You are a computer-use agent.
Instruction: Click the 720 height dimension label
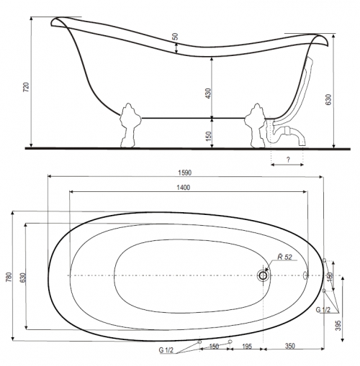pos(26,87)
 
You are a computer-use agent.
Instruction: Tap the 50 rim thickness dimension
pos(176,37)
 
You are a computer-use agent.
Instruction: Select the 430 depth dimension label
pos(209,93)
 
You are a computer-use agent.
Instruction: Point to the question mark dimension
pos(288,160)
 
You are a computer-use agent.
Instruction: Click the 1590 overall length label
pos(185,173)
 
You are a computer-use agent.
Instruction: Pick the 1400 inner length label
pos(184,188)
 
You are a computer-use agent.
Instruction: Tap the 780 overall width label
pos(9,277)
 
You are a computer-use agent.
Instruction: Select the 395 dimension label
pos(338,326)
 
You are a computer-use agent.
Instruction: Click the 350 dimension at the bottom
pos(290,346)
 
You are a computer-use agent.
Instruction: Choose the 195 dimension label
pos(247,347)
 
